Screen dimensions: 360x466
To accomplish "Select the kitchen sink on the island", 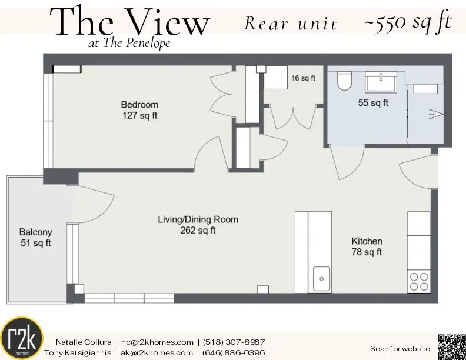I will (322, 278).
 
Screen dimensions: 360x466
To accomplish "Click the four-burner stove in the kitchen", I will (419, 281).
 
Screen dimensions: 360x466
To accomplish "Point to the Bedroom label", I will (139, 105).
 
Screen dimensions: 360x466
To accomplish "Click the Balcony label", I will (35, 232).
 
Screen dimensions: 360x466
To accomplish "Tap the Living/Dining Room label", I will (198, 219).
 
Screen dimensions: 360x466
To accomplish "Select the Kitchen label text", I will (367, 241).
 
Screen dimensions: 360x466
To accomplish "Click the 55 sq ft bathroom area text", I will (373, 102).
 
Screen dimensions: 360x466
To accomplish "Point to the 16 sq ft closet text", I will (304, 78).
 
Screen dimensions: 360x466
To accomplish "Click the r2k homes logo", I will (22, 338).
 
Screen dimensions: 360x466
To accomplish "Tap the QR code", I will (451, 346).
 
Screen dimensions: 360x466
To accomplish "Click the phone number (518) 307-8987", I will (234, 342).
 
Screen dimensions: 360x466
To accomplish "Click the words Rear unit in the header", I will (291, 24).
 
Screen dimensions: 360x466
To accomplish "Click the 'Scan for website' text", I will (400, 349).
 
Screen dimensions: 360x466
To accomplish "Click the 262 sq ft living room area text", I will (198, 231).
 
